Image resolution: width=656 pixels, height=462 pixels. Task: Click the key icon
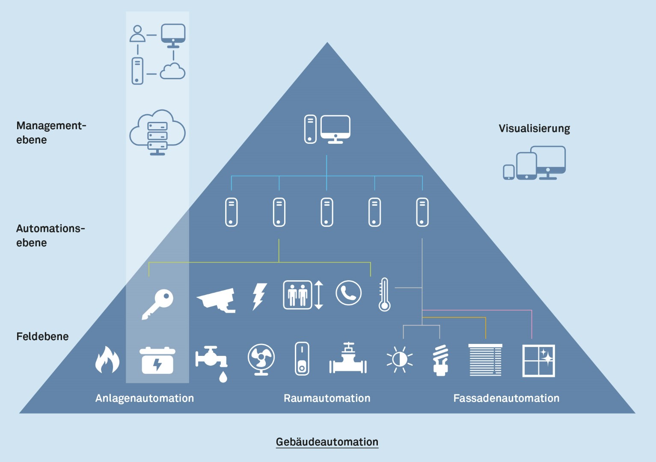click(157, 304)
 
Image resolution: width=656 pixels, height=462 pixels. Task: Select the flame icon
click(107, 360)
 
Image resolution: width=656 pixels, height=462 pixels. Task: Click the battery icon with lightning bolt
click(157, 361)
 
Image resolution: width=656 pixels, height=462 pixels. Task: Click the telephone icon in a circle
click(348, 293)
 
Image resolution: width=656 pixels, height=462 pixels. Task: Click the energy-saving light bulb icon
click(440, 360)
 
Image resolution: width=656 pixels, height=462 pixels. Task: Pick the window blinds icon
click(485, 360)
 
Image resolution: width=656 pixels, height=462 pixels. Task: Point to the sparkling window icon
click(538, 361)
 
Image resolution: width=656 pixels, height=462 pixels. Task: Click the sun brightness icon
click(400, 359)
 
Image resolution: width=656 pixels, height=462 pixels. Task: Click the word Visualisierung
click(534, 128)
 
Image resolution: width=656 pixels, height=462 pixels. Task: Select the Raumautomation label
click(327, 398)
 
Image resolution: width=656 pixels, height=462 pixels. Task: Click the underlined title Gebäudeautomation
click(327, 442)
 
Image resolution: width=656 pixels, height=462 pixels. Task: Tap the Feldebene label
click(42, 337)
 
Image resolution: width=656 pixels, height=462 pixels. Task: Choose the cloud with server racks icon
click(157, 133)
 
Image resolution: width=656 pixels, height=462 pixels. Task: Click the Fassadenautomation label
click(506, 398)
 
